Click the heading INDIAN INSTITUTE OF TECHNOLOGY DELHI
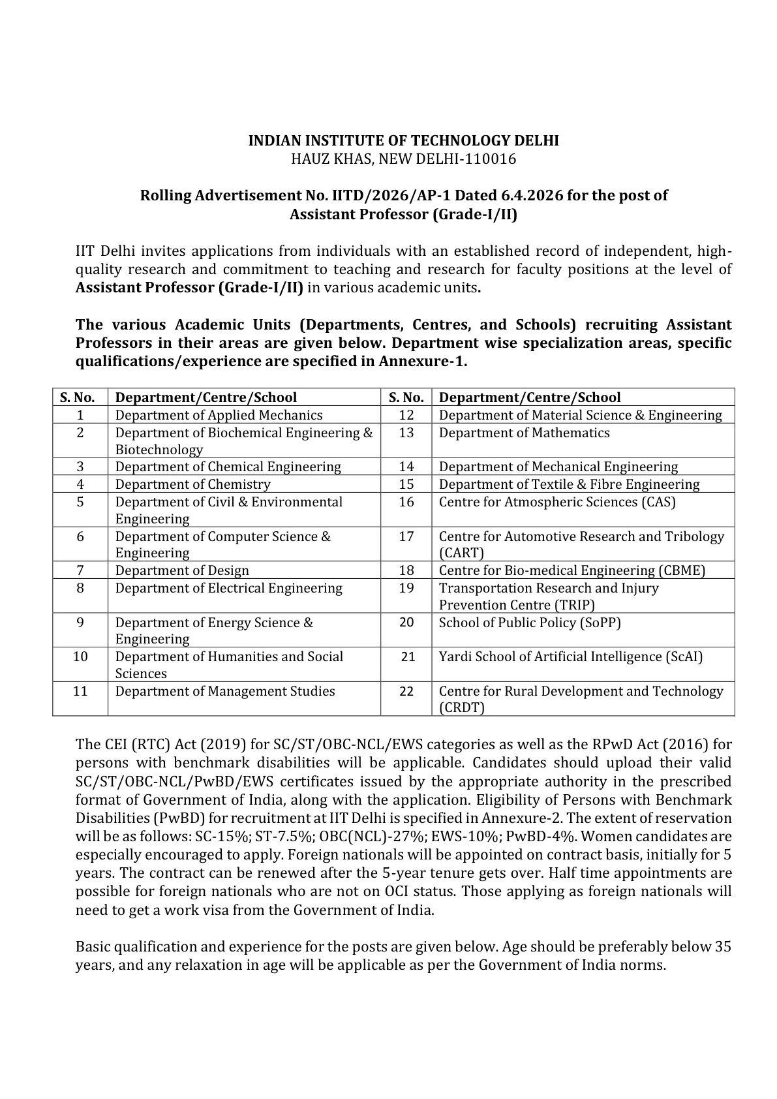pos(404,140)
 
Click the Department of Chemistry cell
pos(192,484)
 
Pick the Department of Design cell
pos(182,570)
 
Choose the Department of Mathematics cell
pos(524,433)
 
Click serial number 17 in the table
pos(406,536)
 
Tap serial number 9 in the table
pos(80,623)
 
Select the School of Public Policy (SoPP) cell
pos(530,623)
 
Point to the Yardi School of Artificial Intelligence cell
pos(571,657)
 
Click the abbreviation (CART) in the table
pos(461,553)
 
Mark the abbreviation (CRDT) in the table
pos(462,708)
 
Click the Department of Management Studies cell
pos(225,691)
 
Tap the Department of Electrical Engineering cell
pos(228,588)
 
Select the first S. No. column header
pos(78,397)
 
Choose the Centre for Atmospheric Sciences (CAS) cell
pos(557,502)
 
